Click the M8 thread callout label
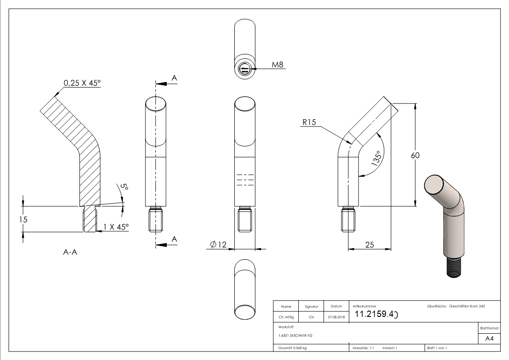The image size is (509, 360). (x=277, y=65)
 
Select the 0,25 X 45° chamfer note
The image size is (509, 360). (x=82, y=83)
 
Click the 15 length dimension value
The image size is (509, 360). (x=24, y=219)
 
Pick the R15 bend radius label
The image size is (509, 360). (x=310, y=122)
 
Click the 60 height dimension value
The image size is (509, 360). (x=415, y=155)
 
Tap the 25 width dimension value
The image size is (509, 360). (x=369, y=245)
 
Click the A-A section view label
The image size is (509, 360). (x=70, y=253)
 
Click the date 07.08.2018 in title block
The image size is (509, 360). (x=336, y=317)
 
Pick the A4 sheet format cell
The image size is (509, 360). (x=489, y=338)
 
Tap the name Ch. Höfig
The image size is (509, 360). (x=286, y=317)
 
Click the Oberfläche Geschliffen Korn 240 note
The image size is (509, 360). (x=456, y=306)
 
